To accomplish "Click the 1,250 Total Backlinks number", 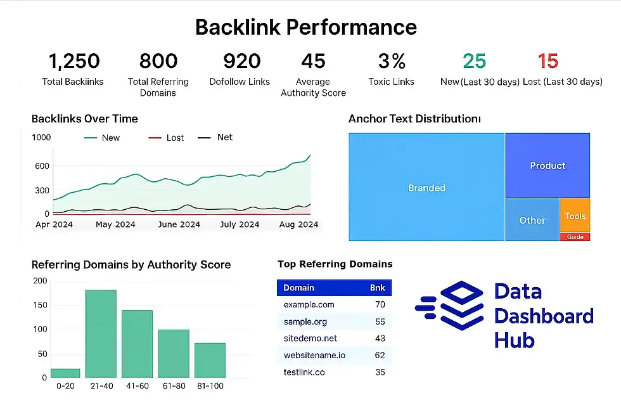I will pyautogui.click(x=74, y=61).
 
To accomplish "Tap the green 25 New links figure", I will pyautogui.click(x=474, y=61).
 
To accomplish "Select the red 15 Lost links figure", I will pyautogui.click(x=547, y=61).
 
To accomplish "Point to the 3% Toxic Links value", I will pyautogui.click(x=391, y=61).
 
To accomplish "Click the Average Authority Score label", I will pyautogui.click(x=313, y=87).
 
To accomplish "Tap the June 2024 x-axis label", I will pyautogui.click(x=179, y=224).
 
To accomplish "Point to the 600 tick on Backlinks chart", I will pyautogui.click(x=41, y=166).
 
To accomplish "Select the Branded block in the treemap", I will pyautogui.click(x=426, y=188).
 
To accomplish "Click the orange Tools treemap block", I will pyautogui.click(x=575, y=216).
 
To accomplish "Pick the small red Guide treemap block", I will pyautogui.click(x=575, y=237).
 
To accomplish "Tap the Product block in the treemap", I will pyautogui.click(x=547, y=165).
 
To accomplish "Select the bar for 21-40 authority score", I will pyautogui.click(x=101, y=333).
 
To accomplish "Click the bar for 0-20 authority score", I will pyautogui.click(x=65, y=373).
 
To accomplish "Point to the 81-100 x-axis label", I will pyautogui.click(x=210, y=385).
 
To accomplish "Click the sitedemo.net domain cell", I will pyautogui.click(x=310, y=339).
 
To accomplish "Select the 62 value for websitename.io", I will pyautogui.click(x=380, y=355).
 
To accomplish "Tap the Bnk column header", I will pyautogui.click(x=377, y=288).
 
